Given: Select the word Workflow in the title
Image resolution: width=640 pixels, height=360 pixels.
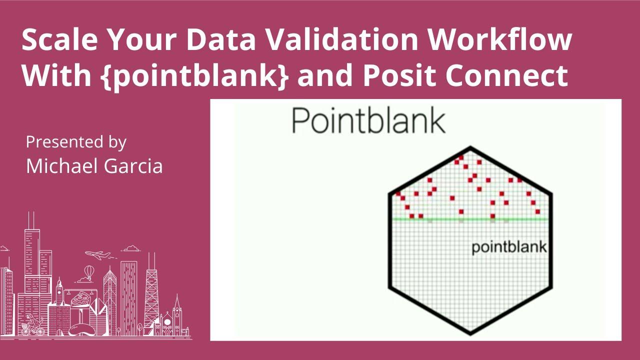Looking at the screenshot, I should pos(500,40).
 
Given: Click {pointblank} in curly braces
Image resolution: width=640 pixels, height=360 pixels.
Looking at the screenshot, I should pos(197,76).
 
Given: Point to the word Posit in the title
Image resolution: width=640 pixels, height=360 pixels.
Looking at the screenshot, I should pos(395,76).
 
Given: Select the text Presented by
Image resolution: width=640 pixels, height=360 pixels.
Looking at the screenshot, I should pos(76,142).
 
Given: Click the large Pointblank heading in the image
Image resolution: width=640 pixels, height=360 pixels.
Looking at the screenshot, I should pos(368,120).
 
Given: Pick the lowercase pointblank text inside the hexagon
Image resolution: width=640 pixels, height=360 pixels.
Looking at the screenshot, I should pos(509,247).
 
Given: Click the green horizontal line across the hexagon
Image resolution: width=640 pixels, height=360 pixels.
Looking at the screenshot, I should pos(470,219).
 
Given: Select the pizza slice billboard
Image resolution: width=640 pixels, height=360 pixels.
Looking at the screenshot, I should pos(79,300).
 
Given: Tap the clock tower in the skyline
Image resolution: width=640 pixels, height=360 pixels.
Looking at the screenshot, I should pos(59,295).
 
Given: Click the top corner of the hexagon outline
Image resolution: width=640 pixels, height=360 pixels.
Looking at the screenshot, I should pos(470,147).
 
